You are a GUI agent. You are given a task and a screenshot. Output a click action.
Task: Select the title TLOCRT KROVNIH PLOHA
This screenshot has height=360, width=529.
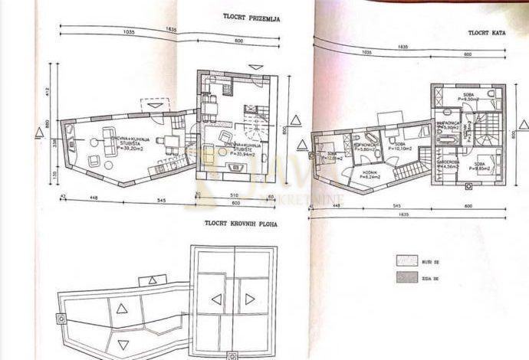click(240, 224)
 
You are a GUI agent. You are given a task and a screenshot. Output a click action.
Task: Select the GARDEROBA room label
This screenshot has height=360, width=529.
click(449, 163)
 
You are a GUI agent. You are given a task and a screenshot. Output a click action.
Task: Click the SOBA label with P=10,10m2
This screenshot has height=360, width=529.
click(399, 146)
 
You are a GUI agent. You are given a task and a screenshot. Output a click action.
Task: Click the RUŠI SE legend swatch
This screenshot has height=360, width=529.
click(406, 260)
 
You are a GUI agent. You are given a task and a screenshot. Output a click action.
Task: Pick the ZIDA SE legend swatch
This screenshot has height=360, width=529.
click(406, 278)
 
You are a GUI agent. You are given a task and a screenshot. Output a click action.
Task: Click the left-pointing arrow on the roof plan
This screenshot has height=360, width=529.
click(217, 299)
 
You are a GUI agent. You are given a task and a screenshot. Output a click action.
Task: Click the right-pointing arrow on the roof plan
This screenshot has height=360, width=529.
click(249, 299)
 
